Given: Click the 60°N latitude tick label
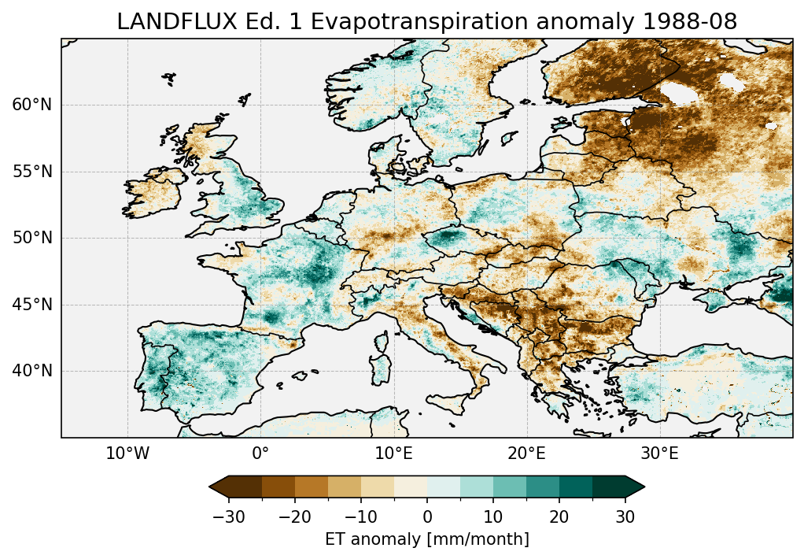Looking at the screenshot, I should click(x=31, y=105).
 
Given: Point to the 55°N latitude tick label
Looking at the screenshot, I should click(x=31, y=172).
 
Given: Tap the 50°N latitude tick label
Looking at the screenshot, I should click(x=31, y=238).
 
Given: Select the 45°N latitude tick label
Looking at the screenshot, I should click(x=31, y=305).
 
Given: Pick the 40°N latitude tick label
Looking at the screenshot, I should click(x=31, y=371).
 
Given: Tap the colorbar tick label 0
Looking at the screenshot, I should click(x=427, y=516).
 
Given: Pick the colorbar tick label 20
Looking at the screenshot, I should click(x=559, y=516).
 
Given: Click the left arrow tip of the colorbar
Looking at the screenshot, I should click(x=211, y=487).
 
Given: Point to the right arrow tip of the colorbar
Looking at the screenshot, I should click(x=644, y=487).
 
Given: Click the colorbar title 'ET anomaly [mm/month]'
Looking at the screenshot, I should click(x=427, y=539).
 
